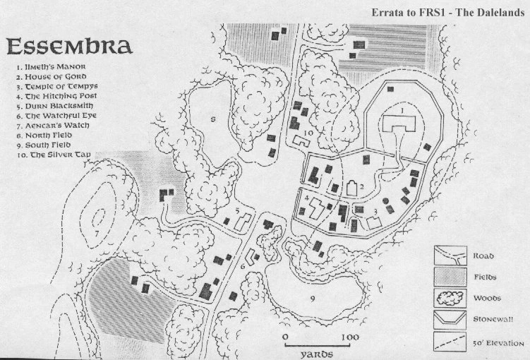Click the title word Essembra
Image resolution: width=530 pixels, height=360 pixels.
tap(69, 47)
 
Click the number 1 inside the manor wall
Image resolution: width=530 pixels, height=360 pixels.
tap(402, 111)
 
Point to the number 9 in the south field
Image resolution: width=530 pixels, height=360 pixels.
tap(311, 299)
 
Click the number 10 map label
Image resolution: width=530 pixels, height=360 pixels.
tap(308, 132)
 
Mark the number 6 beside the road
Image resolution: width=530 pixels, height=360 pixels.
tap(241, 266)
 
